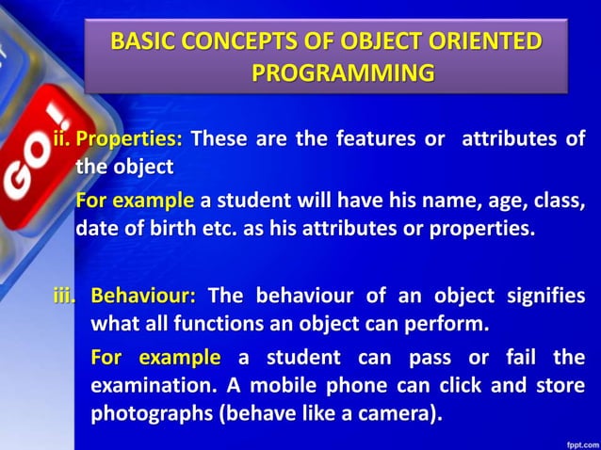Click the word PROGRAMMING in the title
(x=343, y=72)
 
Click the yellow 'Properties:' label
(x=129, y=139)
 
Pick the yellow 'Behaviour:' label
(x=143, y=296)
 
